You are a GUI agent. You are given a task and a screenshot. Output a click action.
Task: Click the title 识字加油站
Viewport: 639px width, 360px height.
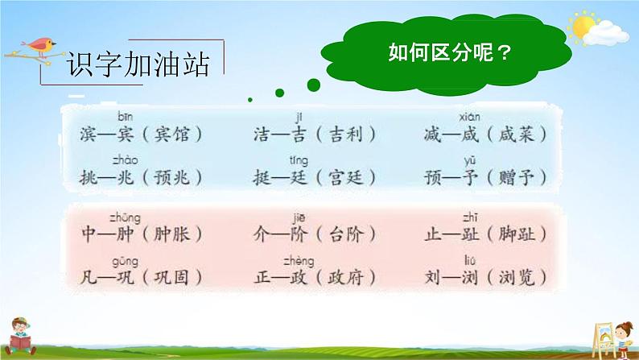138,64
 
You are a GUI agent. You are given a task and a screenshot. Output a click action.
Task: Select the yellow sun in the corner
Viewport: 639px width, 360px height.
583,27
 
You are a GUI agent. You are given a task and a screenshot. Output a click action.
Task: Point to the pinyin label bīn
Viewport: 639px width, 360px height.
125,117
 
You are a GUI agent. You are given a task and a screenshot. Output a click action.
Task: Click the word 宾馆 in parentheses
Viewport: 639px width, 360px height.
172,134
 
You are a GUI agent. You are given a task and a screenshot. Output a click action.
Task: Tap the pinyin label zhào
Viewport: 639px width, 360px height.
125,160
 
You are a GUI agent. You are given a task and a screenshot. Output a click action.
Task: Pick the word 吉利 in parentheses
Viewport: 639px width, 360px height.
345,134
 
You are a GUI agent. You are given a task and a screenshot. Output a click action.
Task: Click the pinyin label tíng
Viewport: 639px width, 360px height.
299,161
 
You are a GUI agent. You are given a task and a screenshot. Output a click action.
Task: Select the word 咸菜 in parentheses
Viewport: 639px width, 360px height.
517,134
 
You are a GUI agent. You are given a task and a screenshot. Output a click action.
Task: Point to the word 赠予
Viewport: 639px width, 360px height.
517,177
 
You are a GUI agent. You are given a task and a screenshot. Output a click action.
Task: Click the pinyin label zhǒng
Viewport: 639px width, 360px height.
125,218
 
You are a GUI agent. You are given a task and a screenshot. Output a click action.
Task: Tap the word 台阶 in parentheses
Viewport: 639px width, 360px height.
345,234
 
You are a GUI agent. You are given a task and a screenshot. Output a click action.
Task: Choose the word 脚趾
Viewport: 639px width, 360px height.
517,234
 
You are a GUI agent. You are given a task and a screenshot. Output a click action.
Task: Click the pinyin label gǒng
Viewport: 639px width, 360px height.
125,262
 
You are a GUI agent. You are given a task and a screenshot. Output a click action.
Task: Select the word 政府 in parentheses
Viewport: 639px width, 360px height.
345,278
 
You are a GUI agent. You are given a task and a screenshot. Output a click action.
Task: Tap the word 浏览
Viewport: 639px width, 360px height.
517,278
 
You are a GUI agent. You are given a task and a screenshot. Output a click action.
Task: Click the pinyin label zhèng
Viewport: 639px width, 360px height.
299,261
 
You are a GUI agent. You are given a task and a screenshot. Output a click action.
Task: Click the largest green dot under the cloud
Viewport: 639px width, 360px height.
313,85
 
